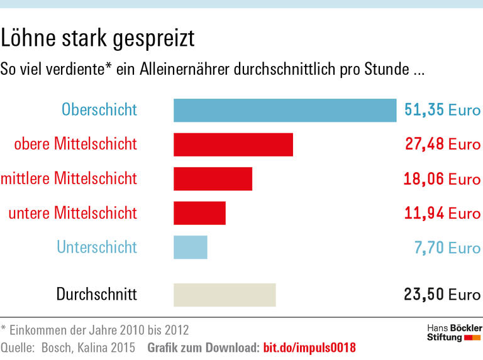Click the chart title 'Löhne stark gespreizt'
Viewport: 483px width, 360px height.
pyautogui.click(x=97, y=39)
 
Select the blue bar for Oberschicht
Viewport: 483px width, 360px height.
pyautogui.click(x=285, y=110)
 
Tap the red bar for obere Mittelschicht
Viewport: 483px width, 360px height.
pyautogui.click(x=233, y=145)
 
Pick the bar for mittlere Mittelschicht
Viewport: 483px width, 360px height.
pyautogui.click(x=213, y=178)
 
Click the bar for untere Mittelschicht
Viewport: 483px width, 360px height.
pyautogui.click(x=199, y=213)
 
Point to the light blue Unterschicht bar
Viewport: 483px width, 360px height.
pyautogui.click(x=190, y=247)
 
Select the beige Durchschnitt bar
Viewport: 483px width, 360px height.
pyautogui.click(x=225, y=295)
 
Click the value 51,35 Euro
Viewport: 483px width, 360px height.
pyautogui.click(x=442, y=110)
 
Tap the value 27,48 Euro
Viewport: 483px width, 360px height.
pyautogui.click(x=442, y=145)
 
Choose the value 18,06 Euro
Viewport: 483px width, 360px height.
pyautogui.click(x=442, y=179)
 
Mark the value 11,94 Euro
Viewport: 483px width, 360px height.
pyautogui.click(x=442, y=213)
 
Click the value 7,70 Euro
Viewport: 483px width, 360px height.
pyautogui.click(x=447, y=248)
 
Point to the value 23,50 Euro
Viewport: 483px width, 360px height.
pyautogui.click(x=442, y=294)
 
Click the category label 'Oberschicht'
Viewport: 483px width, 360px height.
pyautogui.click(x=99, y=110)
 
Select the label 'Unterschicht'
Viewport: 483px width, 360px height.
pyautogui.click(x=96, y=247)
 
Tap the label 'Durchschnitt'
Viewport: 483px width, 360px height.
pyautogui.click(x=96, y=294)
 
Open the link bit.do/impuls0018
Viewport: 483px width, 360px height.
pyautogui.click(x=309, y=347)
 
